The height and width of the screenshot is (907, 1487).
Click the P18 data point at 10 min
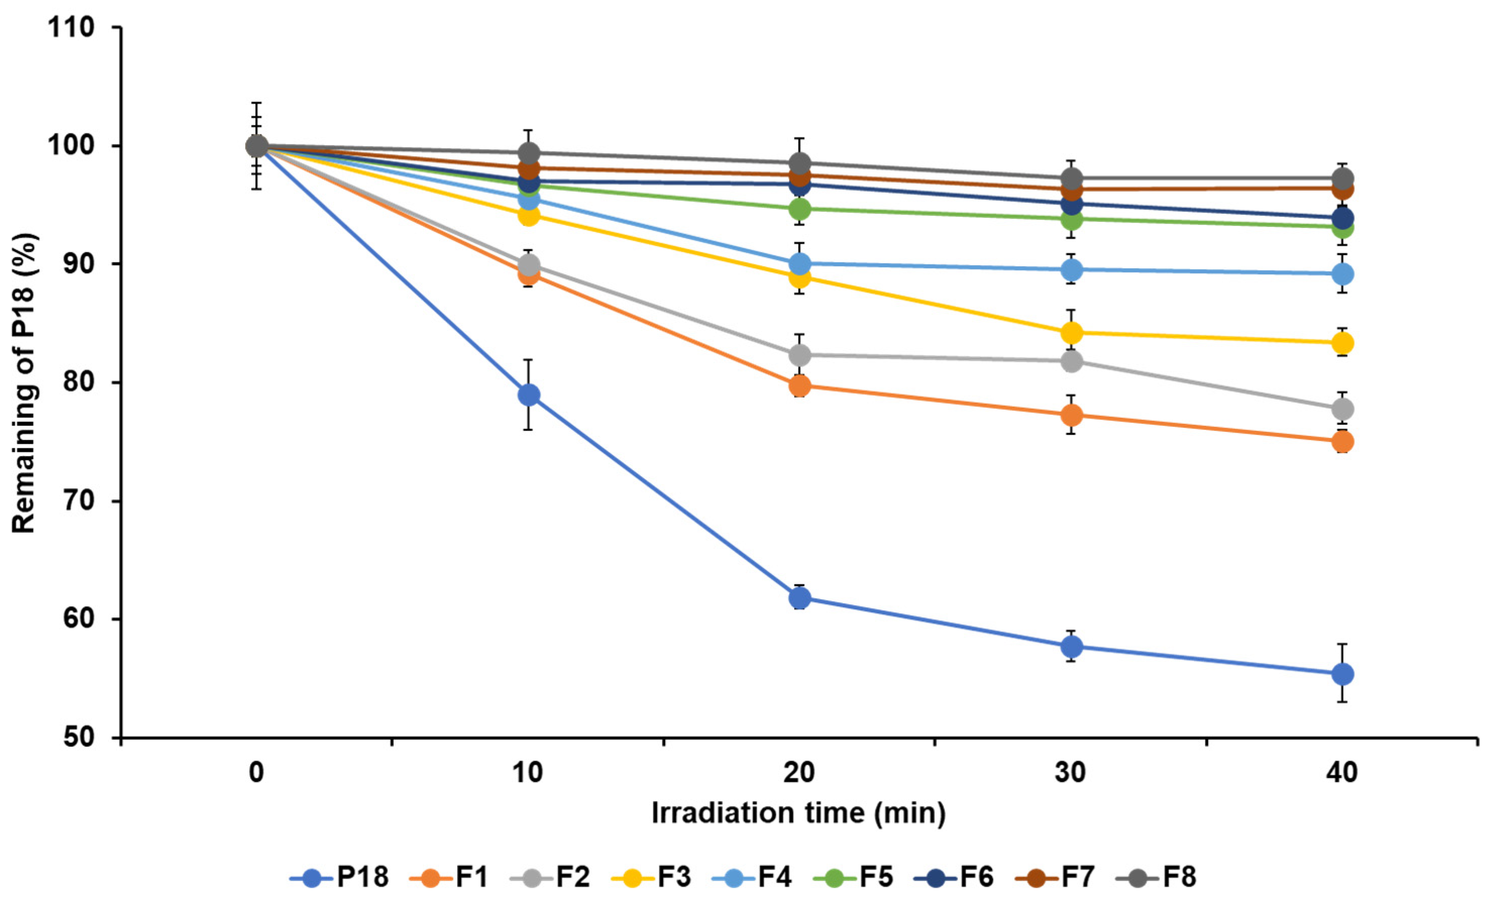coord(529,395)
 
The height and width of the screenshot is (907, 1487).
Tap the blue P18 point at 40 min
coord(1343,674)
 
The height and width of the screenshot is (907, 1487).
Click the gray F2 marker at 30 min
coord(1071,362)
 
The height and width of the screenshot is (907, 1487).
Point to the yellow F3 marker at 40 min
coord(1343,343)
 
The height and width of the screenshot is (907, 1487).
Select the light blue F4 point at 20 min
coord(800,264)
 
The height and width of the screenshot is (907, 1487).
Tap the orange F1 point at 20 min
coord(800,385)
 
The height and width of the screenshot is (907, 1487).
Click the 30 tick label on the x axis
coord(1071,773)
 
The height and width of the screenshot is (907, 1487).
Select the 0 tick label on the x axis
coord(256,773)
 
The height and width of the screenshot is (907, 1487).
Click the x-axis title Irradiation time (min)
coord(798,813)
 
